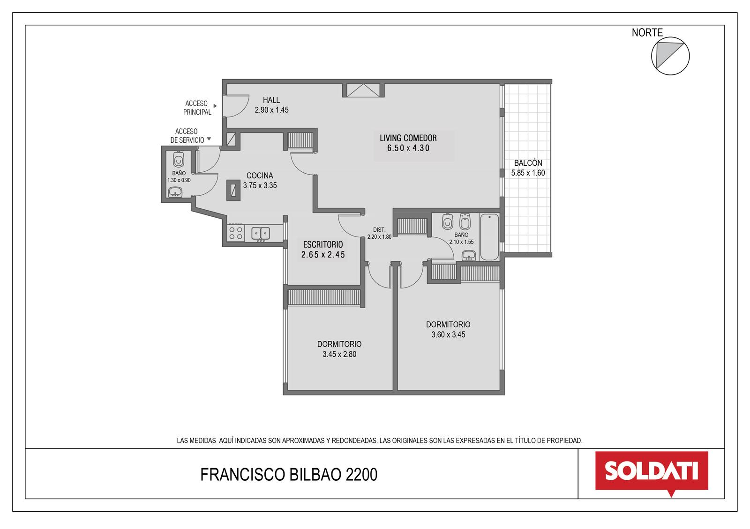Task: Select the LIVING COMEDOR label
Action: pyautogui.click(x=408, y=138)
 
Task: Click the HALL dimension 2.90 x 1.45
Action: pyautogui.click(x=271, y=110)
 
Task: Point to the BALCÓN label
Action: pyautogui.click(x=528, y=163)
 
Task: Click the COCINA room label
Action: pyautogui.click(x=260, y=176)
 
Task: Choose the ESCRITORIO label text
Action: pyautogui.click(x=323, y=244)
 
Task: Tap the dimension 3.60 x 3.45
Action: pyautogui.click(x=448, y=334)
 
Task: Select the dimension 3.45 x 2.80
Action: pyautogui.click(x=339, y=354)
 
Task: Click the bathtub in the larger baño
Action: pyautogui.click(x=489, y=237)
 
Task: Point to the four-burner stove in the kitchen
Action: pyautogui.click(x=236, y=233)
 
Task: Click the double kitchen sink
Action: pyautogui.click(x=261, y=234)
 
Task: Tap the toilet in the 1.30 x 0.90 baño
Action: pyautogui.click(x=179, y=160)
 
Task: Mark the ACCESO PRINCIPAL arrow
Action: pyautogui.click(x=215, y=106)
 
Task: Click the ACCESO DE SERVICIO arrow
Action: pyautogui.click(x=209, y=139)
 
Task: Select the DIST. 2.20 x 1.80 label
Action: pyautogui.click(x=379, y=234)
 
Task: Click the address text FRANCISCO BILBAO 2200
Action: pyautogui.click(x=289, y=475)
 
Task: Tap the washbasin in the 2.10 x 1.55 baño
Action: pyautogui.click(x=469, y=256)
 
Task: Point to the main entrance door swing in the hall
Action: pyautogui.click(x=236, y=106)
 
